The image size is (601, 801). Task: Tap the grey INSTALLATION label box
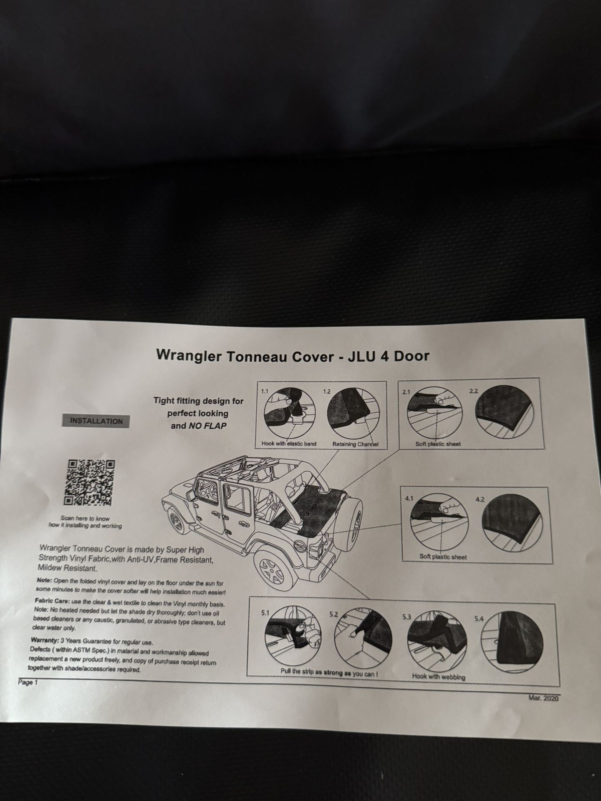pos(96,421)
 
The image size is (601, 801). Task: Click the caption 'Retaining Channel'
pos(355,444)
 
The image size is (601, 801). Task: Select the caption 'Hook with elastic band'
pos(289,443)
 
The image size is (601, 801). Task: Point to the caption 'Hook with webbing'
pos(438,676)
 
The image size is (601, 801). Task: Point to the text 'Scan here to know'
pos(86,518)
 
